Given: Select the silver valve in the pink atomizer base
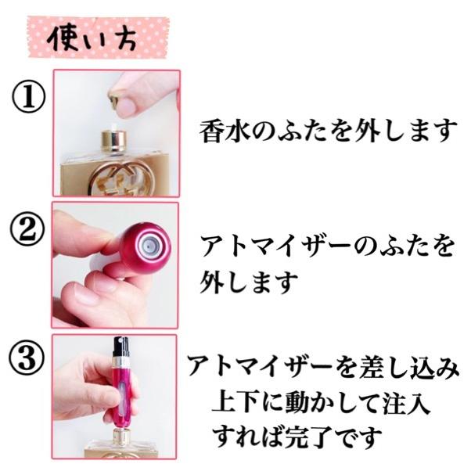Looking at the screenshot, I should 146,244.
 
